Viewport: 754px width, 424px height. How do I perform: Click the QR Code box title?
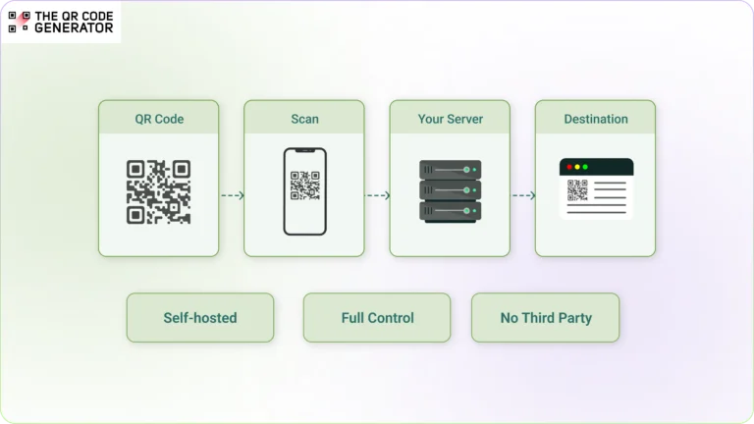click(159, 119)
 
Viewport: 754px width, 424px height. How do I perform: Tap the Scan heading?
click(304, 119)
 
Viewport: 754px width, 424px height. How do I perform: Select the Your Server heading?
click(450, 119)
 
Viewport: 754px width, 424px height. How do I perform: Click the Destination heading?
click(595, 119)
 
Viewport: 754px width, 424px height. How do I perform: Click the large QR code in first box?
click(158, 192)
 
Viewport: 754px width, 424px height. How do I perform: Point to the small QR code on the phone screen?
click(304, 185)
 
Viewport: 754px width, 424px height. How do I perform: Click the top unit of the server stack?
click(450, 170)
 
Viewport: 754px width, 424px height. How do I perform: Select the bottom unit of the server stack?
click(450, 211)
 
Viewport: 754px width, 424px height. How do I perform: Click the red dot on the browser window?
click(566, 167)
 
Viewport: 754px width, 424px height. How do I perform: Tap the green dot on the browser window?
click(585, 167)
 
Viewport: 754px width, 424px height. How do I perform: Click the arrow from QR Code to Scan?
click(232, 195)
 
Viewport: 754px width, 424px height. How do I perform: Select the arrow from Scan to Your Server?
click(377, 195)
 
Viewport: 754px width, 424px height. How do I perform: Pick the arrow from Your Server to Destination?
click(523, 195)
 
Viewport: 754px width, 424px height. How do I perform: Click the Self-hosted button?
click(200, 318)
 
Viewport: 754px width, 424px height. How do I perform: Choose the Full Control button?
click(377, 318)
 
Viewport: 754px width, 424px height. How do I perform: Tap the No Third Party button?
click(545, 318)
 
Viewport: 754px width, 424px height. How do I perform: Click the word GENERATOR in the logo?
click(74, 28)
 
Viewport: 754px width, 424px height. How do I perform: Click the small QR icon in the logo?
click(18, 23)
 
